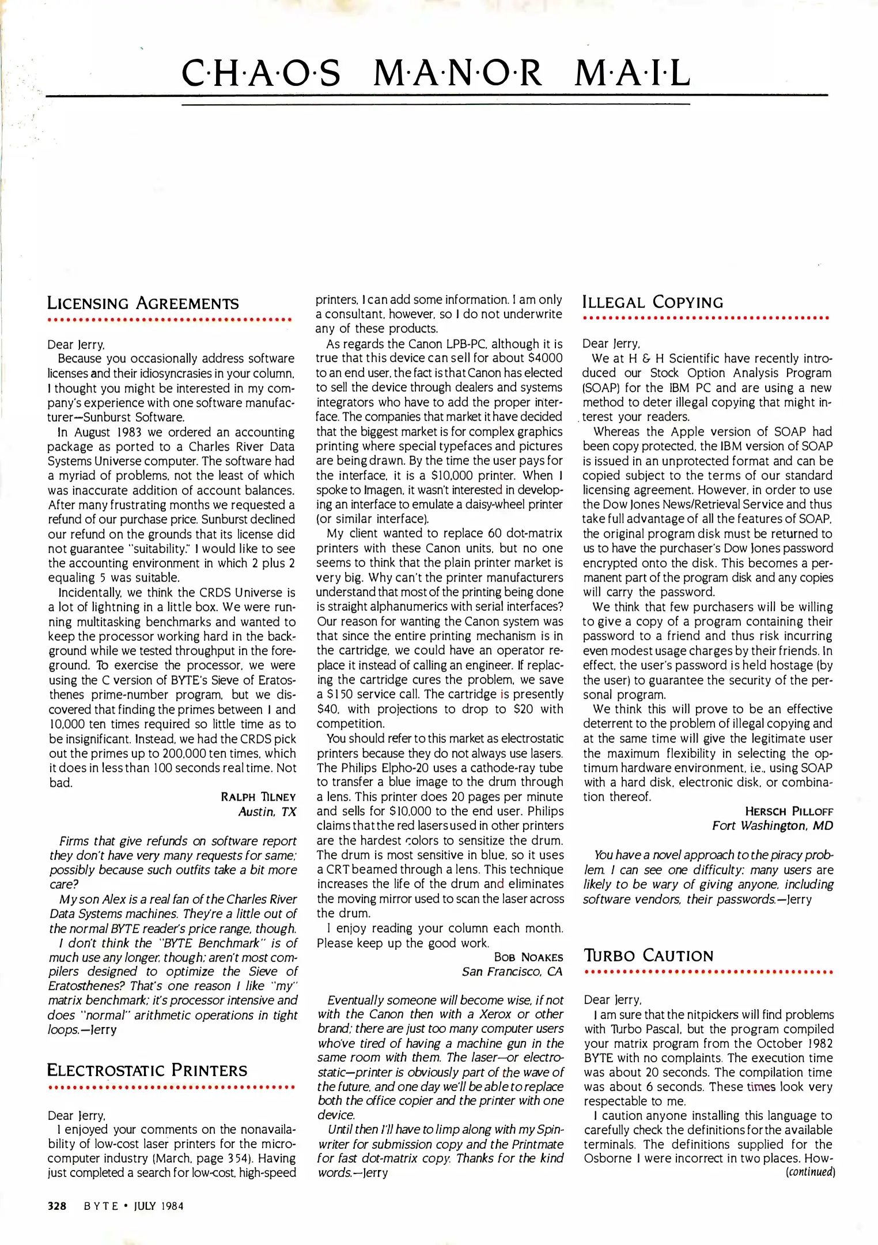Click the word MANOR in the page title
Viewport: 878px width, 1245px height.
[457, 74]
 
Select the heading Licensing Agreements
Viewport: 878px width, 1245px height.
[142, 303]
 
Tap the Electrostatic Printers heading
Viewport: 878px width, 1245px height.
[147, 1070]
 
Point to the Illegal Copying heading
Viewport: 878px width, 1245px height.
[652, 302]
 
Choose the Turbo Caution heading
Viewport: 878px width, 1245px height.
[648, 956]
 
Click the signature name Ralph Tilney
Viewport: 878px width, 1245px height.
[258, 797]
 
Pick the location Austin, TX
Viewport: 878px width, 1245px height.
[267, 812]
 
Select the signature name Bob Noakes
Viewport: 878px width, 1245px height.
[528, 957]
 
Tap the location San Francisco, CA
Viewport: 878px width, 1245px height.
[512, 972]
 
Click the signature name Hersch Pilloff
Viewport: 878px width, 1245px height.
[789, 812]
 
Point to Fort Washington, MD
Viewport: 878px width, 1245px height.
[773, 826]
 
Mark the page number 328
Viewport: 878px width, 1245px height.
[57, 1206]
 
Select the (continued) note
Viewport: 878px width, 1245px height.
[810, 1172]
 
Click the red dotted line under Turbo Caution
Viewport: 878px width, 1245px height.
[708, 972]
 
